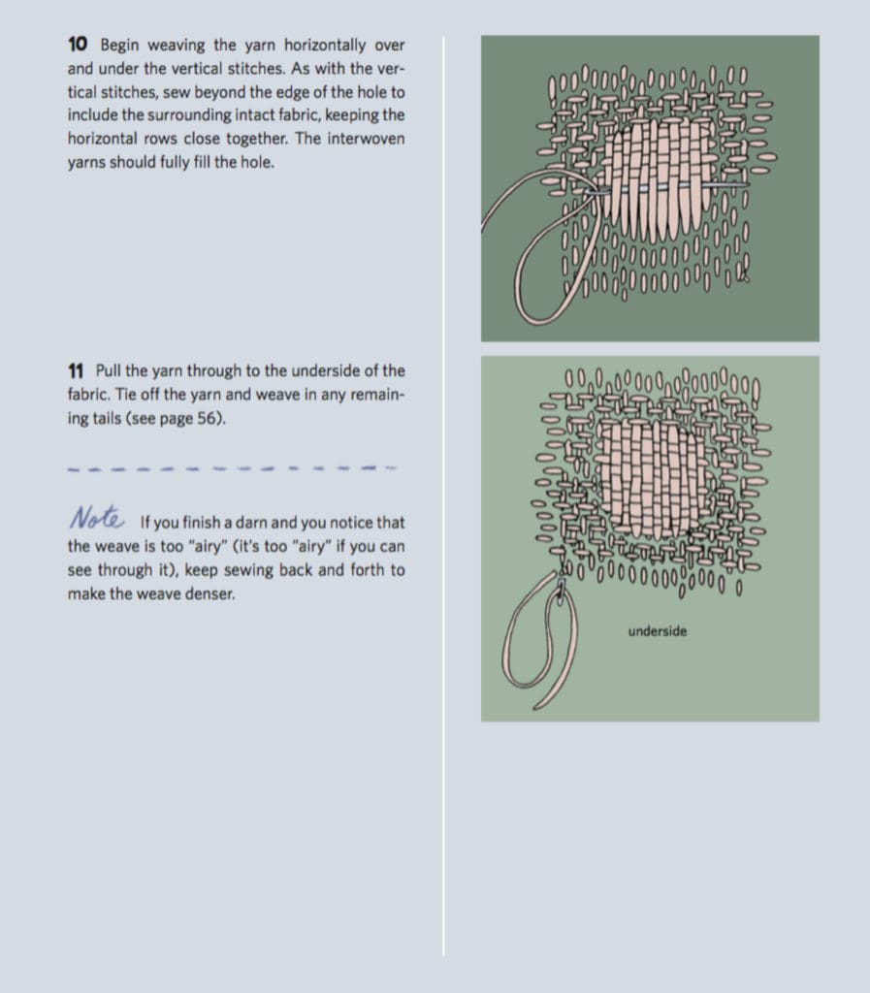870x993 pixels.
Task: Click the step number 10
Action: pyautogui.click(x=78, y=45)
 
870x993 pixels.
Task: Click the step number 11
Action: pyautogui.click(x=77, y=370)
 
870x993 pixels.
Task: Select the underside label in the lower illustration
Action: pyautogui.click(x=657, y=631)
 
